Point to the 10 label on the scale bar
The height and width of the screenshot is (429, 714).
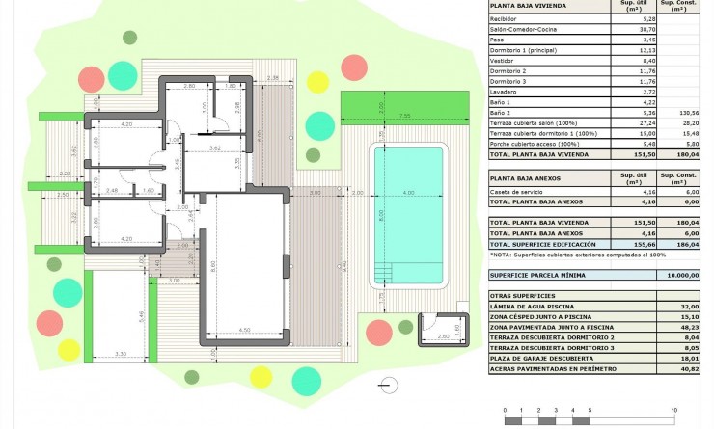[673, 410]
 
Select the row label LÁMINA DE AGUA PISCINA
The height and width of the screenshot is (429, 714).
[534, 306]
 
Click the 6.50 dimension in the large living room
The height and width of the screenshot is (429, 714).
[245, 330]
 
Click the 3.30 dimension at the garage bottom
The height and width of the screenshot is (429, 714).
[122, 355]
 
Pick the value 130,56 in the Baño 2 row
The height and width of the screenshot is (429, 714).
[687, 112]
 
